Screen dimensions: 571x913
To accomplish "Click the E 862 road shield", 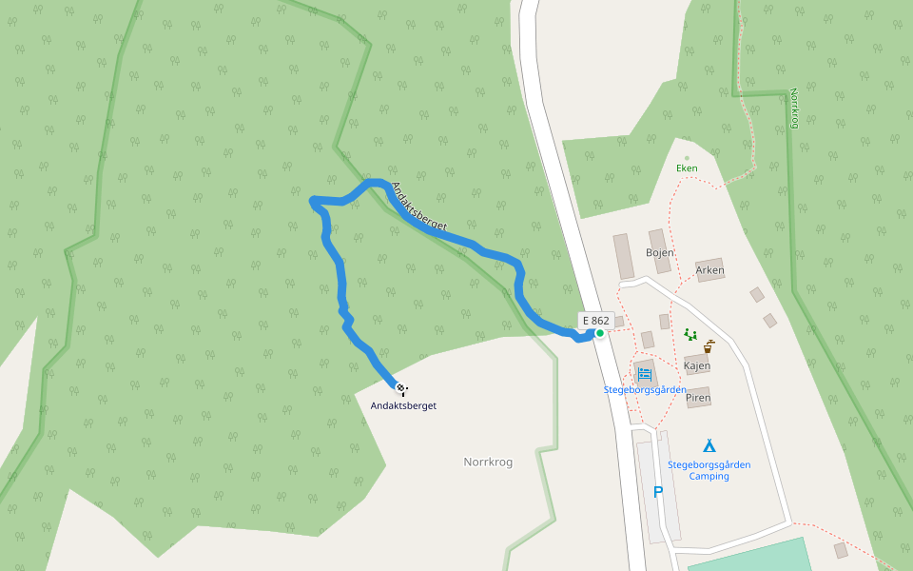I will pyautogui.click(x=595, y=321).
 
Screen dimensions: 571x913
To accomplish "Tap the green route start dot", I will pyautogui.click(x=600, y=333).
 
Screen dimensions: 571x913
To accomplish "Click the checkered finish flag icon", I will pyautogui.click(x=401, y=388).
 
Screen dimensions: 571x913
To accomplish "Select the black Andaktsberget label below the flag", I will pyautogui.click(x=403, y=405).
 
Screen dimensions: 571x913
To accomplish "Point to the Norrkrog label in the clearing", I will pyautogui.click(x=488, y=463).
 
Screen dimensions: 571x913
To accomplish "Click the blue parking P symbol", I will pyautogui.click(x=657, y=492).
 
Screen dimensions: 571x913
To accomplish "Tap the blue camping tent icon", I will pyautogui.click(x=709, y=445).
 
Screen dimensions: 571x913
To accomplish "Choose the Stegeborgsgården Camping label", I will pyautogui.click(x=709, y=470).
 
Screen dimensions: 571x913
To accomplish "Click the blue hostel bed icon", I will pyautogui.click(x=645, y=374).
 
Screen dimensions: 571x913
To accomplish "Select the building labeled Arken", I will pyautogui.click(x=709, y=270).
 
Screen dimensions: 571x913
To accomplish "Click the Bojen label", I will pyautogui.click(x=660, y=253).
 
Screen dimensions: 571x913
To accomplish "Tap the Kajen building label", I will pyautogui.click(x=697, y=365).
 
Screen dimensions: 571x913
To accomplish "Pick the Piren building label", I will pyautogui.click(x=698, y=398).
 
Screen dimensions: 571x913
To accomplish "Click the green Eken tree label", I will pyautogui.click(x=687, y=168).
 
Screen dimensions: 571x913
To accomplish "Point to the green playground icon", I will pyautogui.click(x=690, y=334).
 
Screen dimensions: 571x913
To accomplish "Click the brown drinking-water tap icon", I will pyautogui.click(x=709, y=346).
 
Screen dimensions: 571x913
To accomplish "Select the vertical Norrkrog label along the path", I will pyautogui.click(x=794, y=108).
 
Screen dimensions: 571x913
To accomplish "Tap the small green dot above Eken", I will pyautogui.click(x=687, y=158).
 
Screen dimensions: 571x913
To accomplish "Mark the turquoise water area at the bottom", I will pyautogui.click(x=751, y=557).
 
